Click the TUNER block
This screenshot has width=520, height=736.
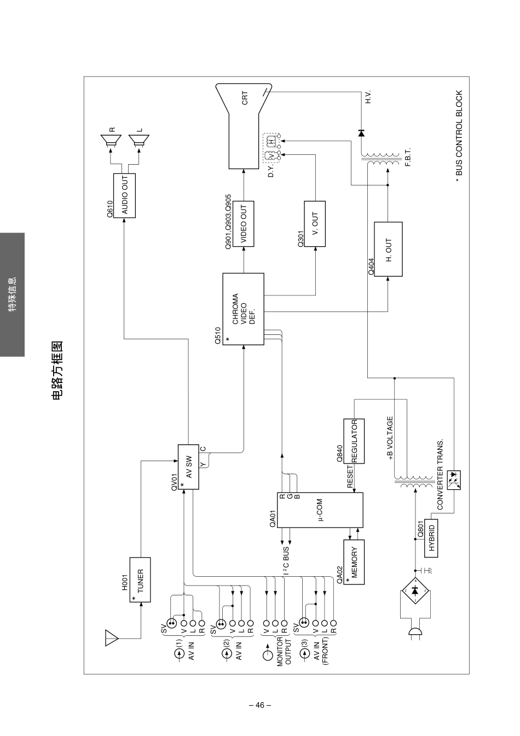pos(140,579)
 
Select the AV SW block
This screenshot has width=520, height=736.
pos(188,467)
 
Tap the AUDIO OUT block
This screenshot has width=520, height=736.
pos(124,196)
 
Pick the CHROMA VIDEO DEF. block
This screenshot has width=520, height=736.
pos(243,309)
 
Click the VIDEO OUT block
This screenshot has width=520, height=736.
pos(244,224)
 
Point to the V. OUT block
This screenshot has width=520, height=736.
pos(315,224)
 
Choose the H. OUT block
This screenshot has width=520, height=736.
pos(388,250)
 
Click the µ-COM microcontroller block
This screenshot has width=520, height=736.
pos(320,509)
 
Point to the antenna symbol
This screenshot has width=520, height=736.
pos(112,638)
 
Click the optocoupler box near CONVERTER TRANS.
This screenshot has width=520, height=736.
pos(454,480)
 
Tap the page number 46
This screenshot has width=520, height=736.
pos(260,705)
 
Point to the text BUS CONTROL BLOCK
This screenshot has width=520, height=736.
pos(459,134)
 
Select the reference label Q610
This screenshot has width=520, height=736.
pos(109,210)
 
